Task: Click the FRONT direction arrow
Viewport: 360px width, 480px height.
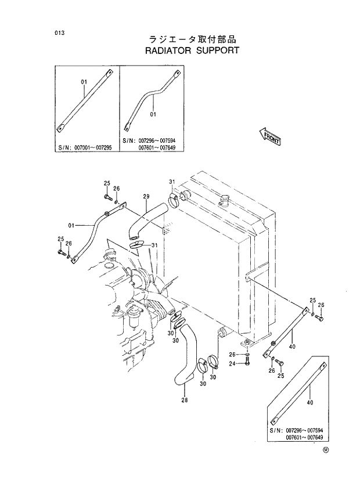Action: (x=269, y=137)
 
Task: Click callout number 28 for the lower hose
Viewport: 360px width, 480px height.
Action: (x=185, y=399)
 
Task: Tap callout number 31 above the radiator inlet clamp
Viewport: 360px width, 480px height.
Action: (x=172, y=182)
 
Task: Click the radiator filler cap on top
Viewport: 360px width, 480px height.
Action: (x=225, y=201)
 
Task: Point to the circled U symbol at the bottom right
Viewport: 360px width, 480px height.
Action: (x=326, y=449)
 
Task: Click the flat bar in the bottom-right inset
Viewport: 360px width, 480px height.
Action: (x=299, y=391)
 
